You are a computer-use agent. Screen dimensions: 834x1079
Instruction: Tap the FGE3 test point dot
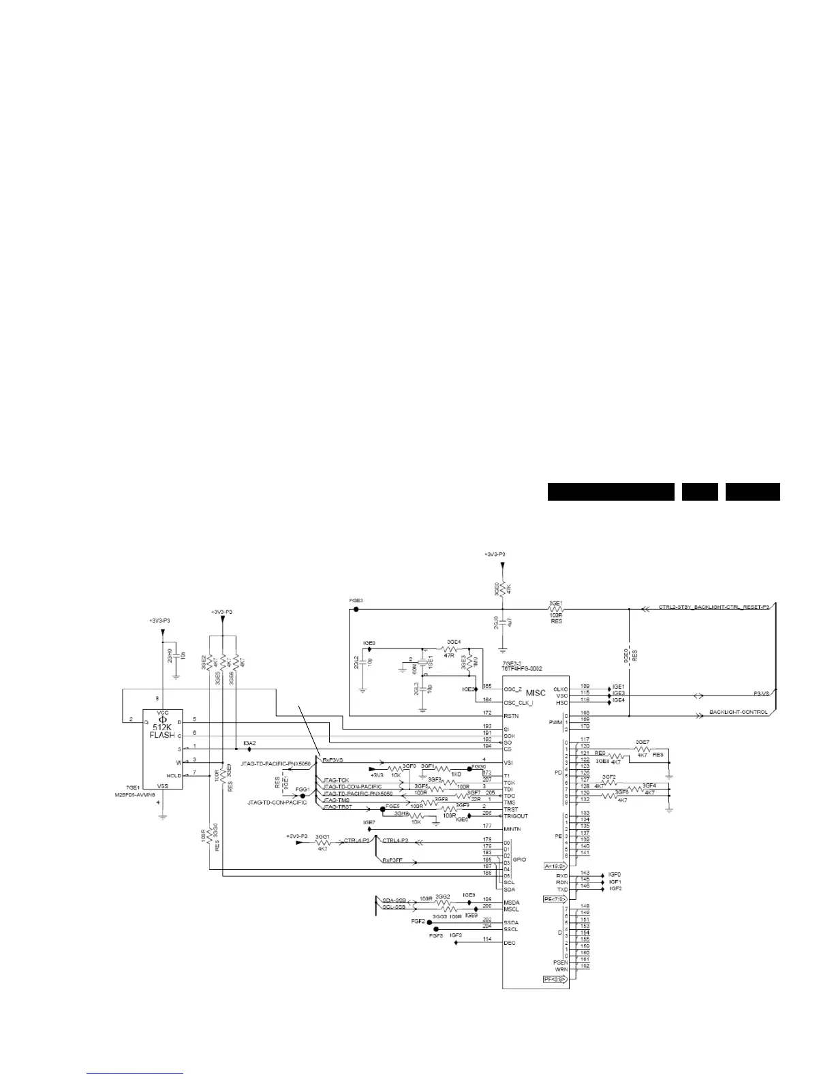pos(356,609)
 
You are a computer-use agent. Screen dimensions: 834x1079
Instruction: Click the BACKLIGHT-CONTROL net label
pos(738,713)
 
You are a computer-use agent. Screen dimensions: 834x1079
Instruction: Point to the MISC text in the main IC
pos(536,693)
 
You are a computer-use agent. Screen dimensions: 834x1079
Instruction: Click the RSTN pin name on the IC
pos(510,716)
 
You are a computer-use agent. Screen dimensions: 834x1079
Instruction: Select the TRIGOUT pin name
pos(515,816)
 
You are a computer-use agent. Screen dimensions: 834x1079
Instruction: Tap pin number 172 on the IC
pos(486,713)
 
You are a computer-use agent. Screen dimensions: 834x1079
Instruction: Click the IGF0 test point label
pos(615,874)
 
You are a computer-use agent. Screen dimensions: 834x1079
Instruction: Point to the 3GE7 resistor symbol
pos(642,749)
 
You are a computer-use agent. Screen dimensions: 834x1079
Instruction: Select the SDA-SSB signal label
pos(394,900)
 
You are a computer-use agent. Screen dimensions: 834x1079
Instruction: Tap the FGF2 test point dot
pos(429,922)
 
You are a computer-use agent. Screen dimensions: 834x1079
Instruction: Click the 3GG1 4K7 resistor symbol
pos(322,842)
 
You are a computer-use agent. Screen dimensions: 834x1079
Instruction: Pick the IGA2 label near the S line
pos(249,742)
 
